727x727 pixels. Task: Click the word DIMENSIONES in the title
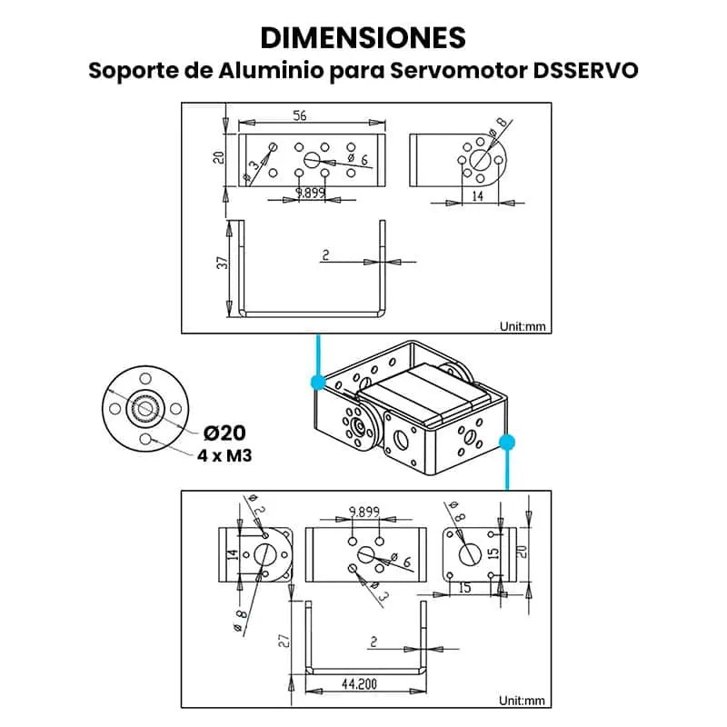click(x=363, y=37)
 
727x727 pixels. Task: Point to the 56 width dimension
click(x=299, y=115)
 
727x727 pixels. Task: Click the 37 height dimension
click(x=221, y=264)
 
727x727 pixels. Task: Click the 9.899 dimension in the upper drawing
click(x=311, y=192)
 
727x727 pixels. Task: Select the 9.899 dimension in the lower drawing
click(x=363, y=513)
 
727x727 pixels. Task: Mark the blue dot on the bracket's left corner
click(x=318, y=382)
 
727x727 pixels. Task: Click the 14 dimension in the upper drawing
click(x=475, y=194)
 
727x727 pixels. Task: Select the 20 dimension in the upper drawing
click(x=218, y=157)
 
